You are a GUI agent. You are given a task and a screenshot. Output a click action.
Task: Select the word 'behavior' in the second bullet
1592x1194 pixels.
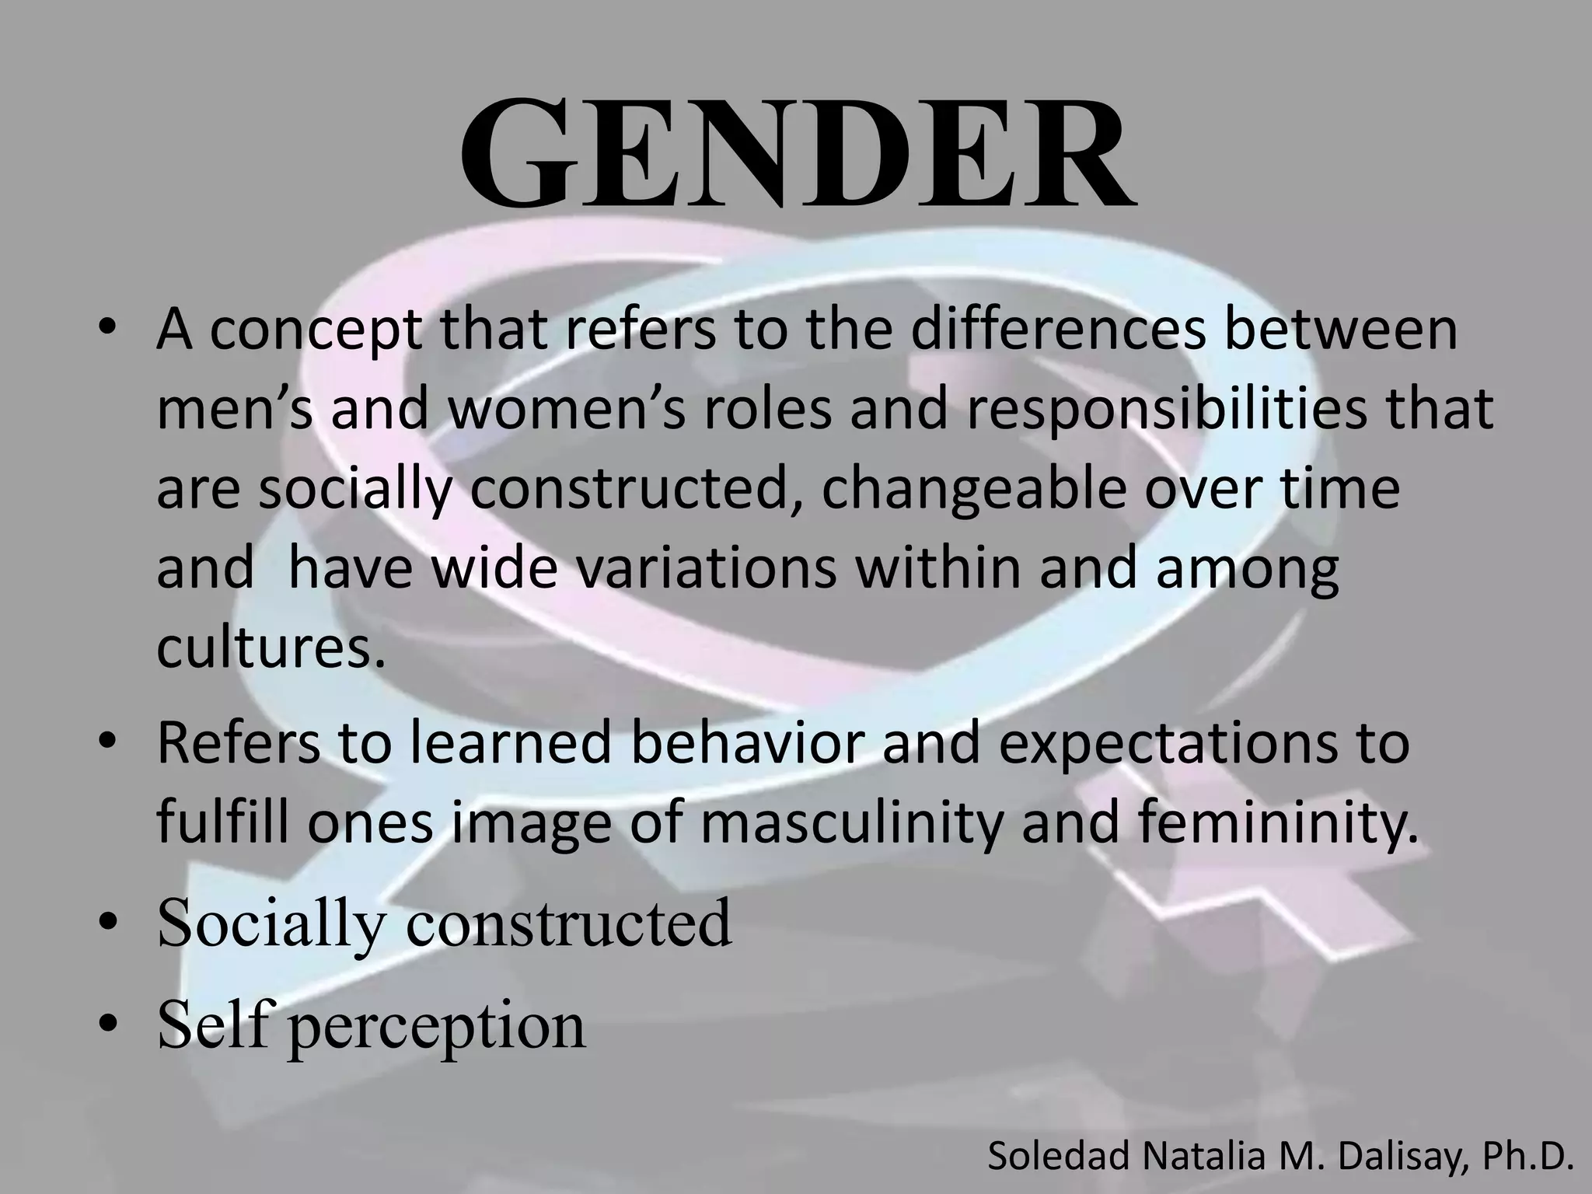pos(746,742)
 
